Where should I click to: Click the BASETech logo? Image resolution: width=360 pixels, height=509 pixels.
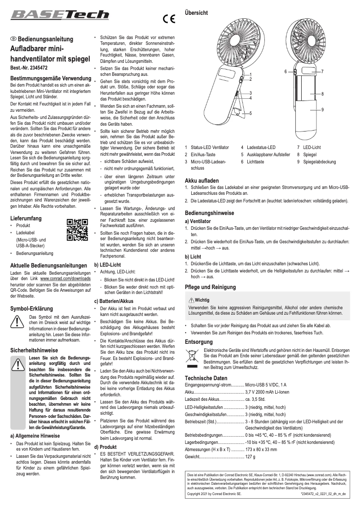60,16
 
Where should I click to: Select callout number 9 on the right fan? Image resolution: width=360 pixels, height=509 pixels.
322,110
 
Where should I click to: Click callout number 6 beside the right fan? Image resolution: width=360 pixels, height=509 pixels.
285,71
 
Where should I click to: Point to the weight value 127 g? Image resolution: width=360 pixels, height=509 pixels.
250,456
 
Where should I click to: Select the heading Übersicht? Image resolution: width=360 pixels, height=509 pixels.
197,13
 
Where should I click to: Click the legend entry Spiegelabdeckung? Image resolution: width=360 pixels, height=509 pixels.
319,162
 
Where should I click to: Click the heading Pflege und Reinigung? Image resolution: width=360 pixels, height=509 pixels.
210,287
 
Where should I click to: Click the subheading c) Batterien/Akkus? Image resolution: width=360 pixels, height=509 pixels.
114,301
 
